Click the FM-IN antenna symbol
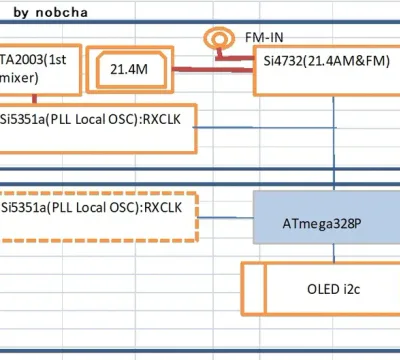tap(219, 39)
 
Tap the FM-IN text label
tap(264, 37)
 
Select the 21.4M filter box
tap(130, 69)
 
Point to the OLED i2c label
tap(333, 289)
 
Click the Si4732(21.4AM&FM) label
tap(327, 61)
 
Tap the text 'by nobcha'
tap(51, 13)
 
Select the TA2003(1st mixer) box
tap(40, 70)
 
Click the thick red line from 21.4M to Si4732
tap(213, 69)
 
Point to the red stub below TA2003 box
tap(34, 99)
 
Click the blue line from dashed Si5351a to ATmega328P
tap(226, 218)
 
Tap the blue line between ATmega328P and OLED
tap(334, 253)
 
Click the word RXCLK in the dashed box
tap(163, 207)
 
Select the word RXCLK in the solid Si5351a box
tap(161, 119)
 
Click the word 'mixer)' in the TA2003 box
tap(19, 78)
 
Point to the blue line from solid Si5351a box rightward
tap(264, 127)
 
